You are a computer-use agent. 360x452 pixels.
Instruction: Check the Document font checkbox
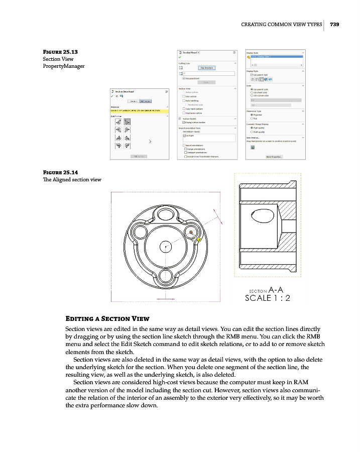click(184, 78)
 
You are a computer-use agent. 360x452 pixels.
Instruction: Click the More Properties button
click(274, 157)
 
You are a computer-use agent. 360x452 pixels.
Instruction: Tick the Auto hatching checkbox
click(184, 100)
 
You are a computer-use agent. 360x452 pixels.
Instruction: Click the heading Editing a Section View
click(107, 318)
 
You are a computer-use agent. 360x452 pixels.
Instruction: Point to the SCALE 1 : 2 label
click(267, 297)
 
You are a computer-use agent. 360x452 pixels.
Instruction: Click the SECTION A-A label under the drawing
click(268, 289)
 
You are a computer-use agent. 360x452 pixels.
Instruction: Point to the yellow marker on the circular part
click(199, 240)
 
